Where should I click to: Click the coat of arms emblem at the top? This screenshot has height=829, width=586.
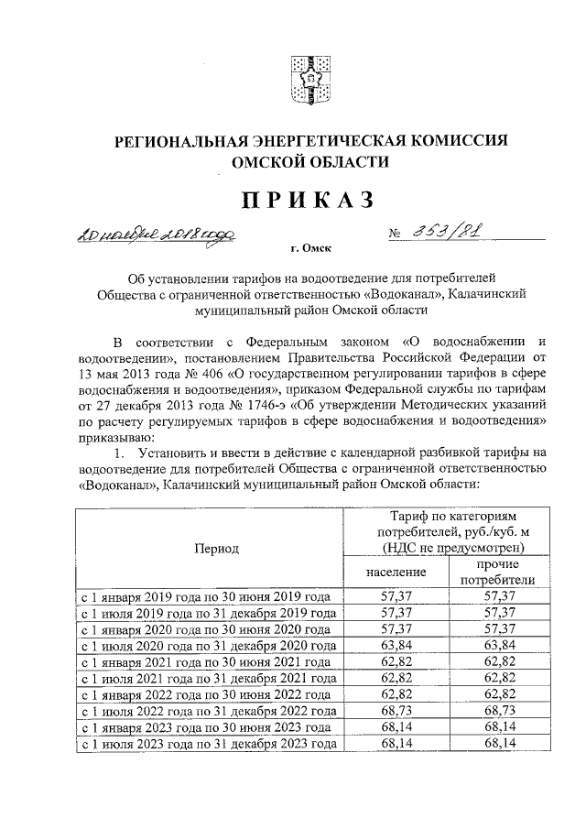309,80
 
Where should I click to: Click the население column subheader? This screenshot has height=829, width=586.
396,571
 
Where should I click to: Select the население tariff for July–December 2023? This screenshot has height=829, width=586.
396,744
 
